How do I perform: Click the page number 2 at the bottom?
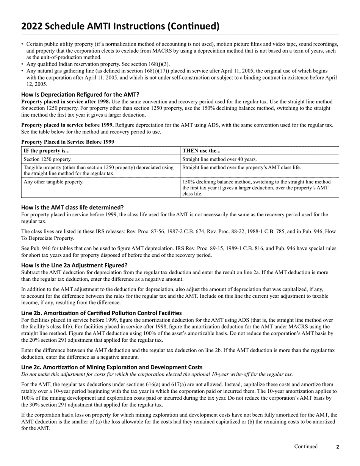[338, 447]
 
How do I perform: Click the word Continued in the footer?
[306, 446]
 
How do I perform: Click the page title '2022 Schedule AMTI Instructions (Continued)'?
[120, 26]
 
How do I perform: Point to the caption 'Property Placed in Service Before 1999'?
[67, 142]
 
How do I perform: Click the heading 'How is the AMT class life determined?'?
[72, 207]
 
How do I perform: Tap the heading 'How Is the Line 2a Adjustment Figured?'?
[74, 265]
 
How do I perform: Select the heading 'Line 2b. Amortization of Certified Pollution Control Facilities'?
[101, 313]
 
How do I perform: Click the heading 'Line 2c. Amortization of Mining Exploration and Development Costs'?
[112, 367]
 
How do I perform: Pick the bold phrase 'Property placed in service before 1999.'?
[67, 125]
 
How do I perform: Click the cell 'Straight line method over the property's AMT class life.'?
[242, 167]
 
